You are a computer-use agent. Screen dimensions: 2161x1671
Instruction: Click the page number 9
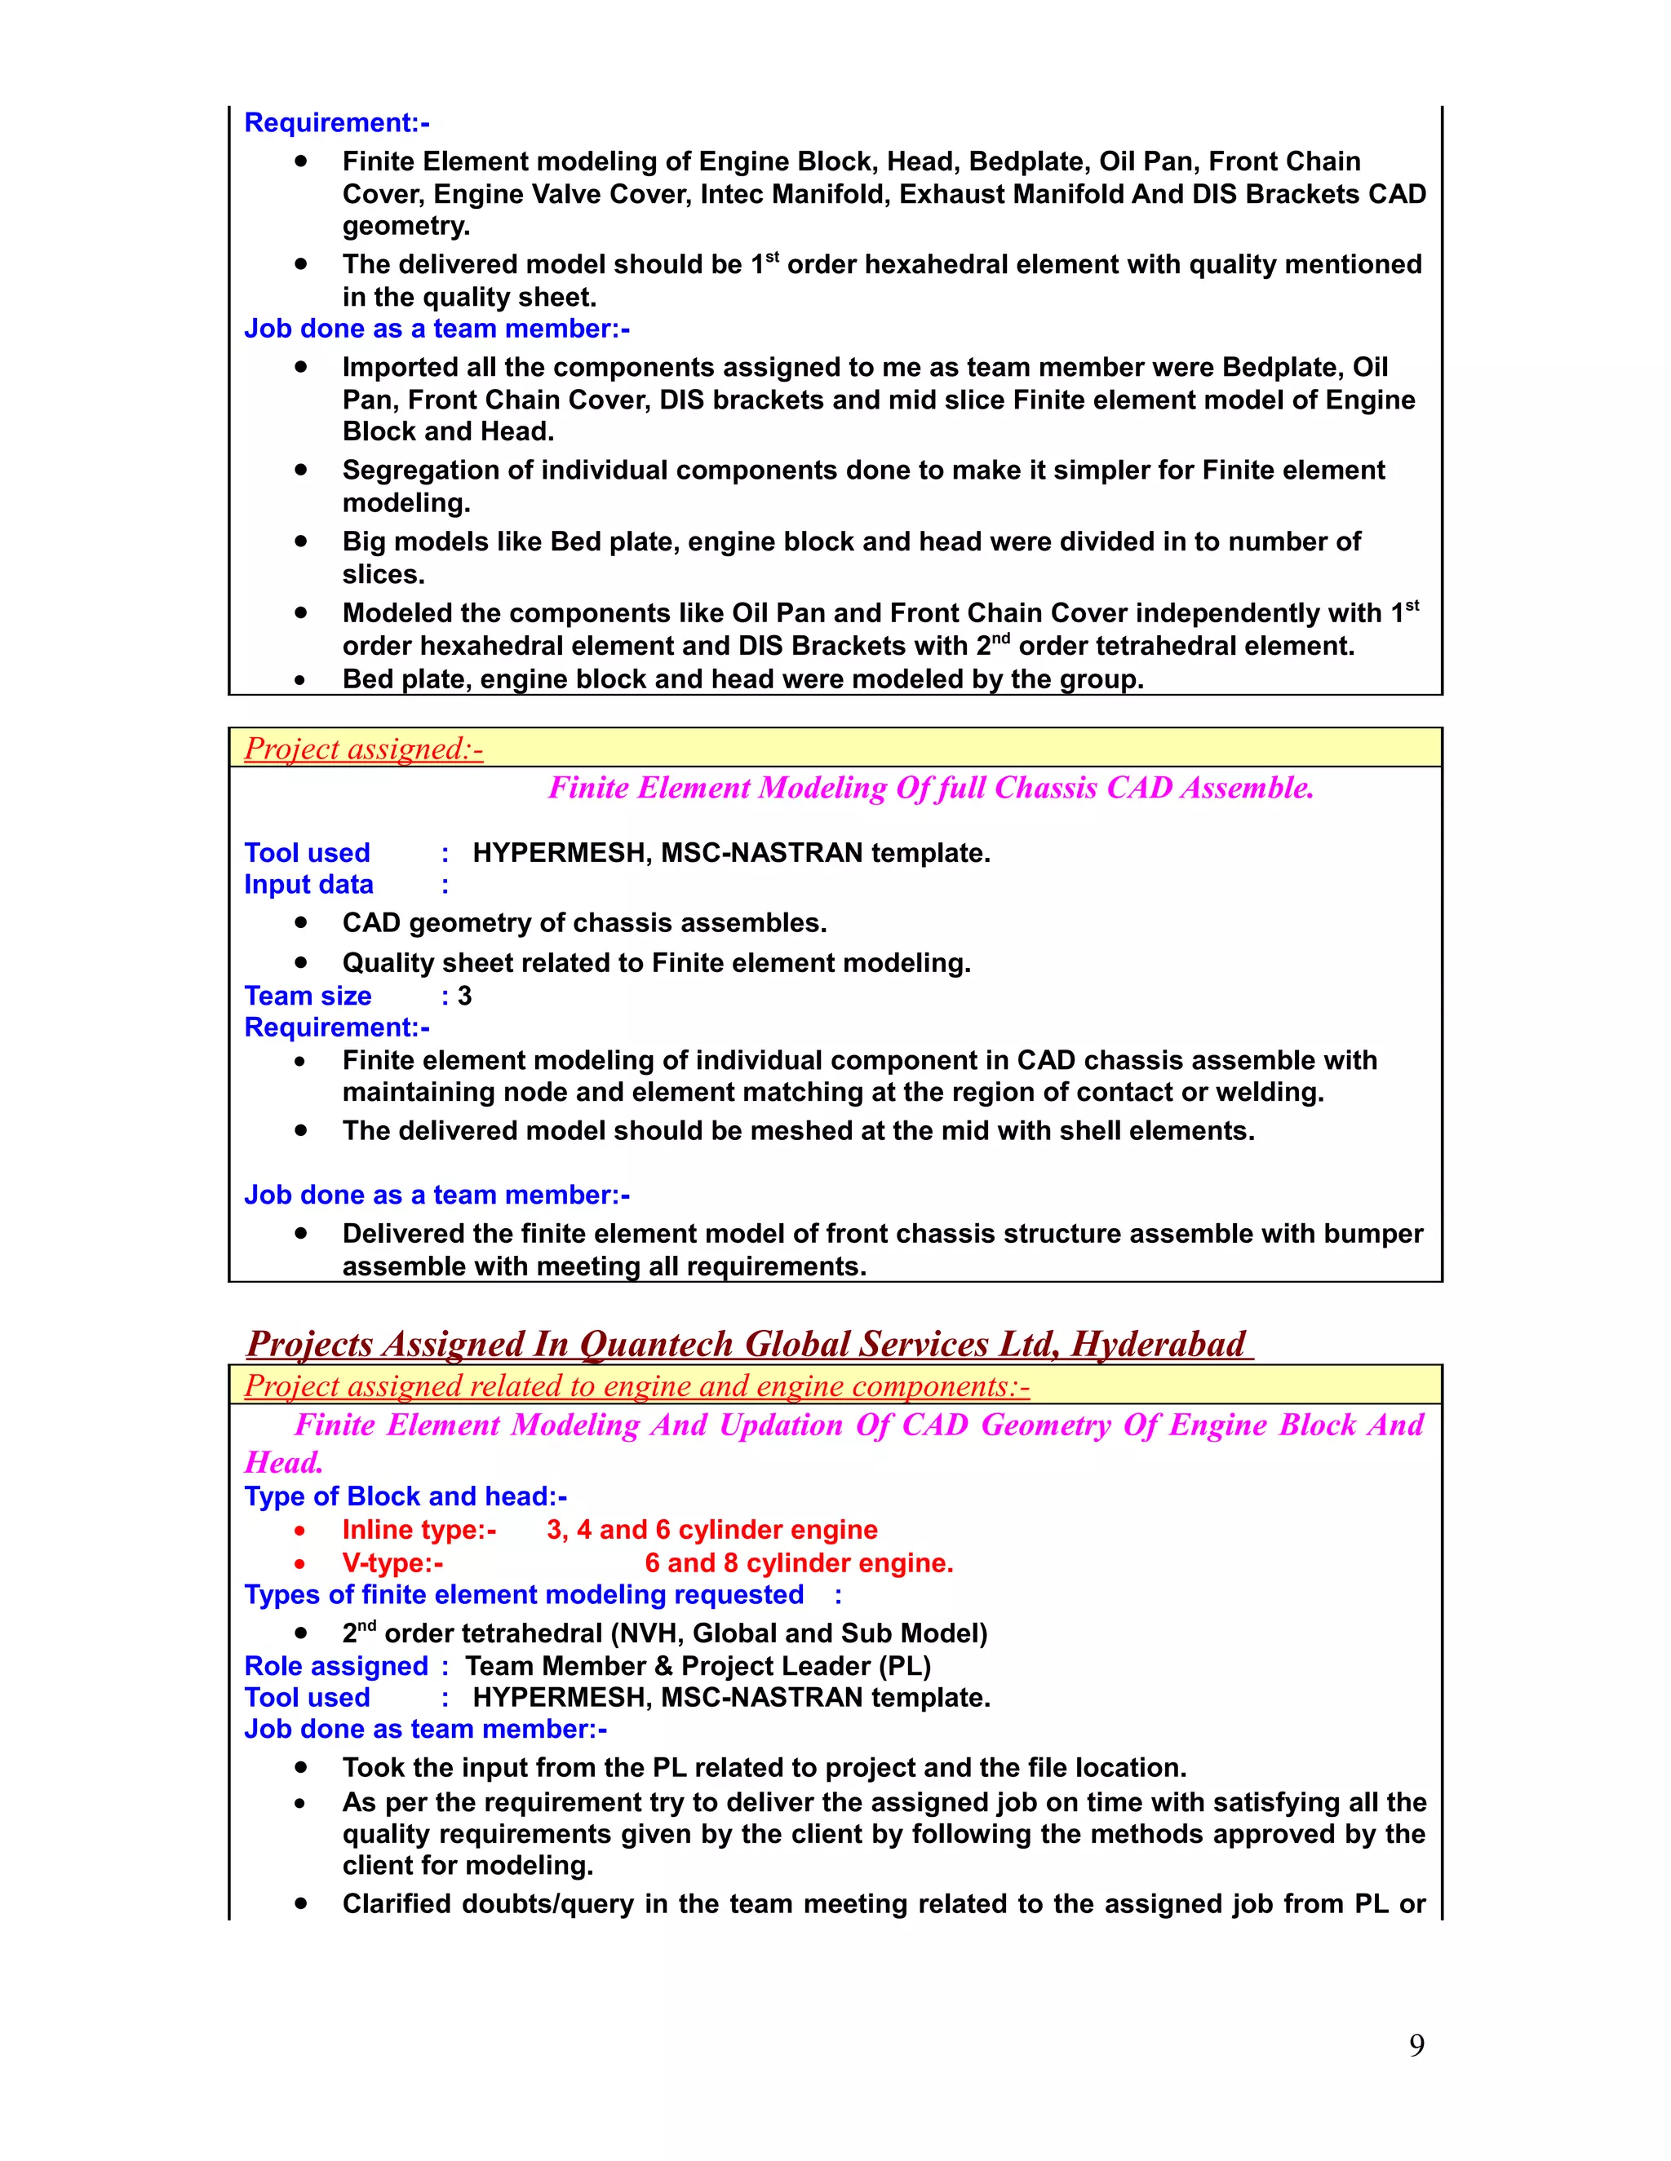[x=1416, y=2044]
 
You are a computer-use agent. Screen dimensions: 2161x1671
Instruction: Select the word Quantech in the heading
[x=658, y=1344]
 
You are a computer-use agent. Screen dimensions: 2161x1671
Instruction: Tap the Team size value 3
[x=464, y=996]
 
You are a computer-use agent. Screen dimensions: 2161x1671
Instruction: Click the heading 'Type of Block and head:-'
[x=405, y=1496]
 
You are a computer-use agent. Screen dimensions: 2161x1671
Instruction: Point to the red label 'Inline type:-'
[x=419, y=1530]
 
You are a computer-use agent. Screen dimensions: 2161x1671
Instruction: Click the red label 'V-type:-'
[x=392, y=1563]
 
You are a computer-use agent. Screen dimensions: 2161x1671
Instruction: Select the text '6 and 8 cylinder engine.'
[x=798, y=1563]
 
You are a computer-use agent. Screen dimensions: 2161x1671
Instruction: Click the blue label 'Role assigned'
[x=335, y=1666]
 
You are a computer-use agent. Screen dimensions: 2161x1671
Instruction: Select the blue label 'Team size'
[x=307, y=996]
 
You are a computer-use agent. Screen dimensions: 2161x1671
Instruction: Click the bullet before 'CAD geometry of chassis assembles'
[x=301, y=922]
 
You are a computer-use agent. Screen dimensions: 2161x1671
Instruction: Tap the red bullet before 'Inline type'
[x=301, y=1531]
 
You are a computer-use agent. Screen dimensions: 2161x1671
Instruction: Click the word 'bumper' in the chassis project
[x=1372, y=1234]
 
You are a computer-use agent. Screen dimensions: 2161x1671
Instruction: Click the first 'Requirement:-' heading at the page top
[x=337, y=122]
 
